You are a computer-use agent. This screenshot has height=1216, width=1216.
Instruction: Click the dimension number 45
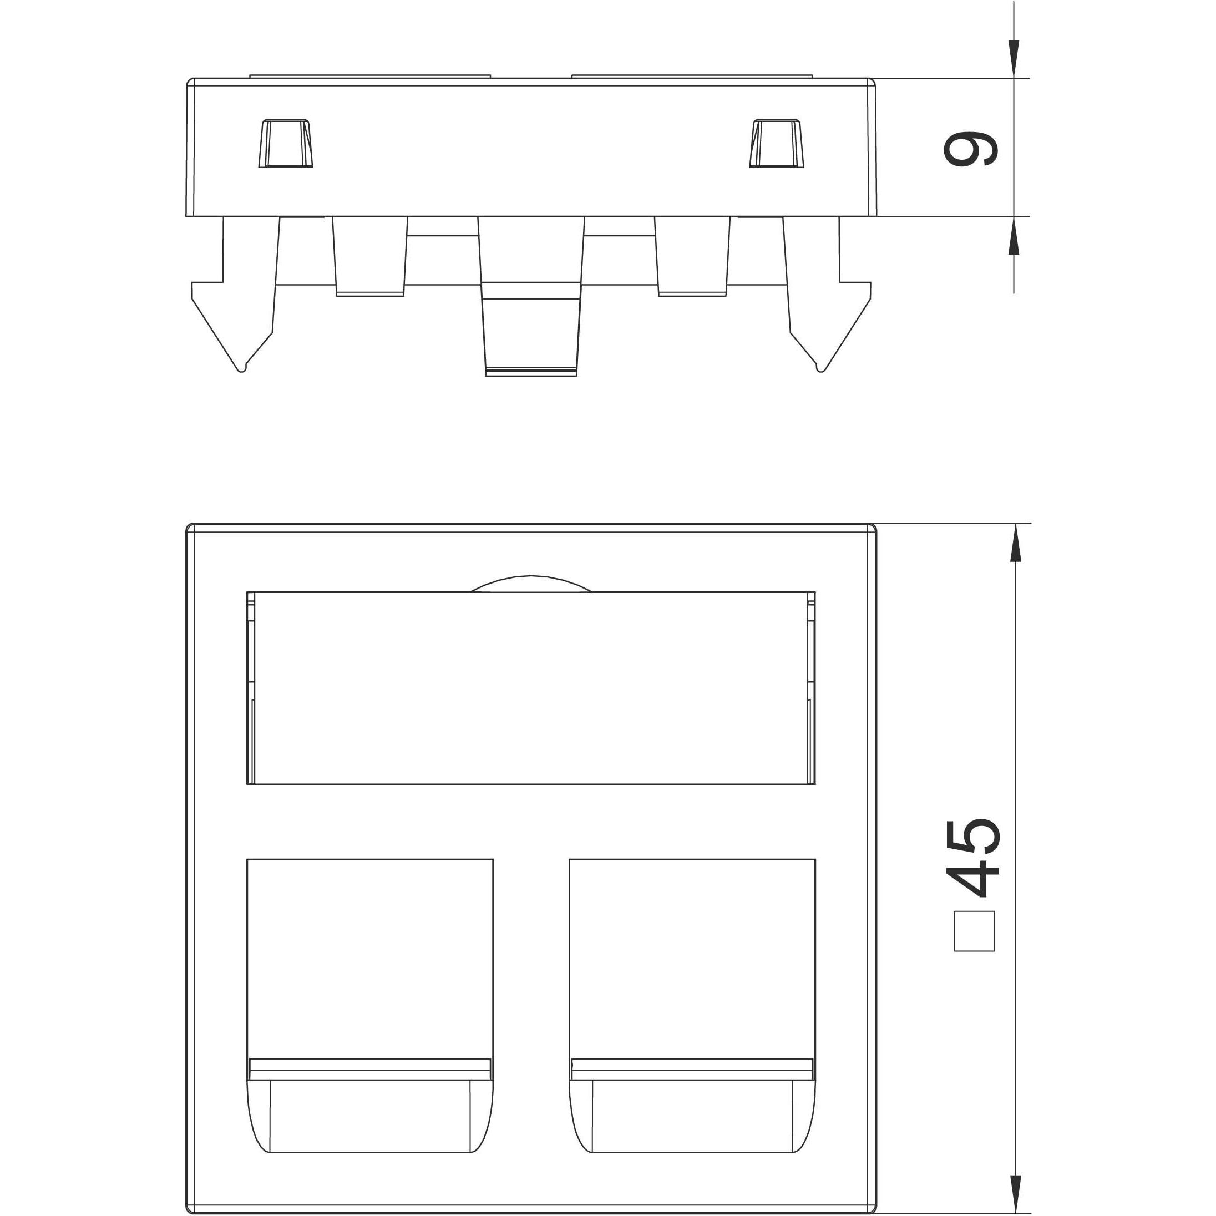click(973, 857)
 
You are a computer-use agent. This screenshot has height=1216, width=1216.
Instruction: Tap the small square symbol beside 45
click(974, 931)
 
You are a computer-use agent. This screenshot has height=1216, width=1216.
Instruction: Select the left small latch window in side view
click(286, 144)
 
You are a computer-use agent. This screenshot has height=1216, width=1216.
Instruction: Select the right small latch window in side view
click(777, 144)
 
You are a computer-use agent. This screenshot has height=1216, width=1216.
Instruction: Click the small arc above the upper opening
click(531, 583)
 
